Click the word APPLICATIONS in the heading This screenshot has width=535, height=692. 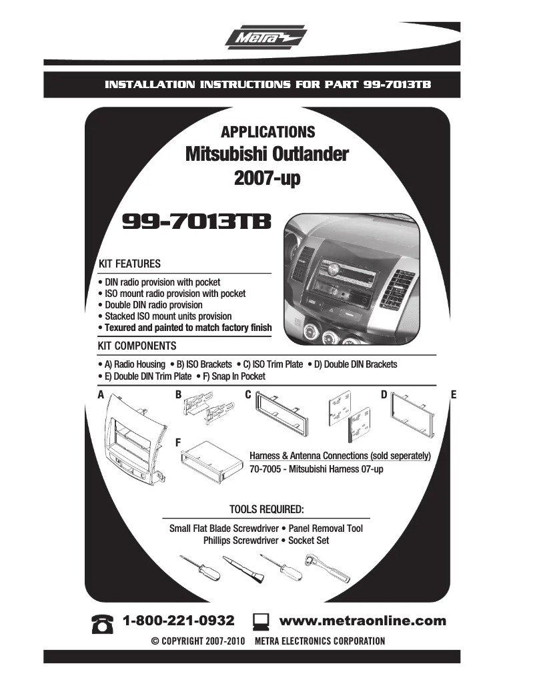tap(267, 132)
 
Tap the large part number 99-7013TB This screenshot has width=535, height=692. tap(197, 222)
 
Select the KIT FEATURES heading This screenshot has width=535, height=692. tap(129, 264)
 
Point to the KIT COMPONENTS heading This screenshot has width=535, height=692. tap(137, 346)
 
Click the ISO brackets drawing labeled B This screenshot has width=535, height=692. tap(207, 410)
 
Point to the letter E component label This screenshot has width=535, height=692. tap(454, 395)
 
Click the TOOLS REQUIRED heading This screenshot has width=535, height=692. tap(267, 510)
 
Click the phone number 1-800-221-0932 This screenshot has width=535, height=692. tap(179, 621)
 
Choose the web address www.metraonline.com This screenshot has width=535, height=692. tap(362, 621)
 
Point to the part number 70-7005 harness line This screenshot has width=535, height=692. tap(316, 469)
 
